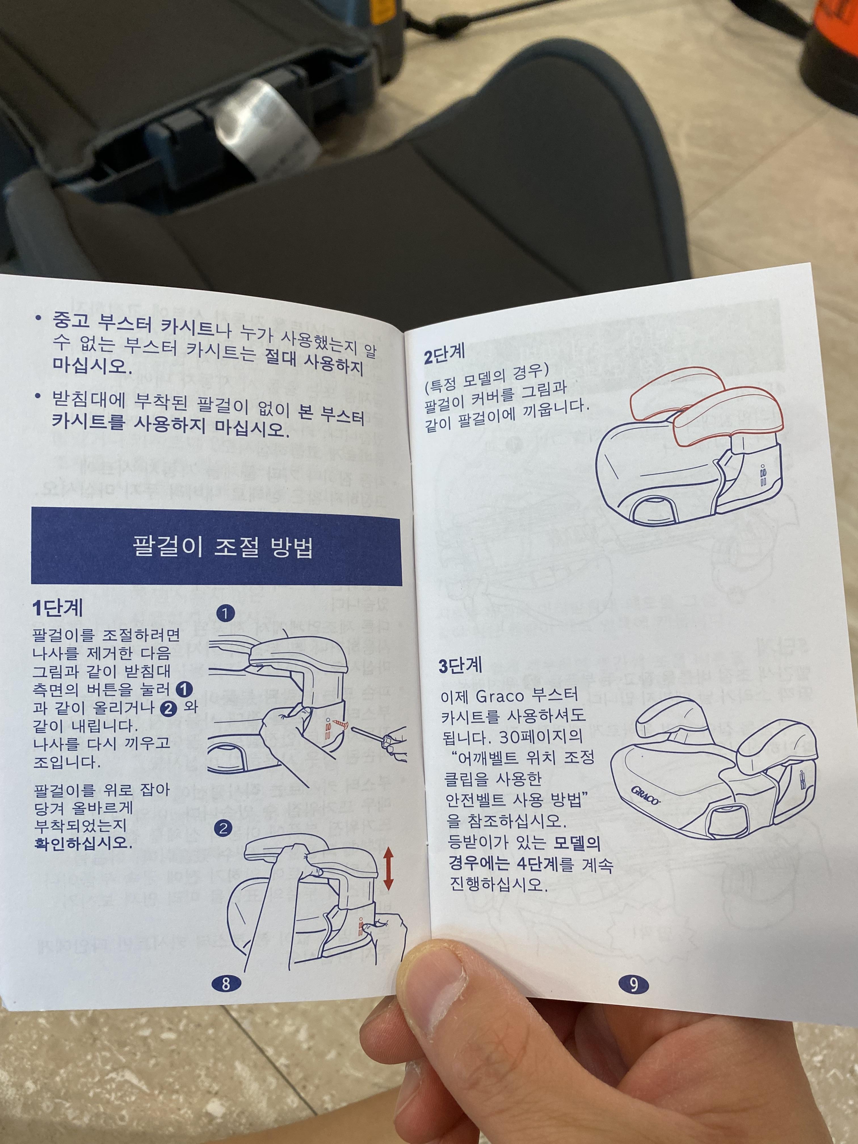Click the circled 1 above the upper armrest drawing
(x=226, y=614)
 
